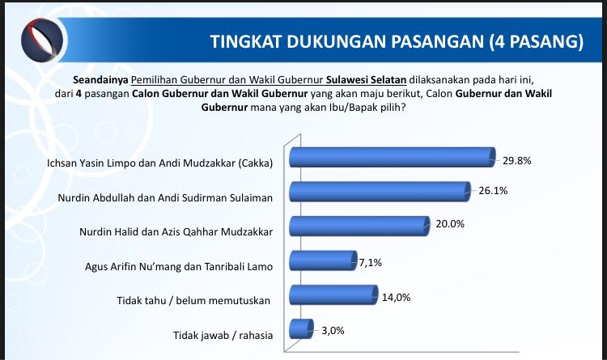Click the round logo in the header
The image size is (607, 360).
(x=42, y=40)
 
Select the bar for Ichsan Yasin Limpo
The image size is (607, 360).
(x=393, y=157)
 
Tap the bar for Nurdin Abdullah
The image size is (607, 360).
(x=380, y=192)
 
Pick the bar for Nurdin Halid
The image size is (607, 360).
(x=359, y=226)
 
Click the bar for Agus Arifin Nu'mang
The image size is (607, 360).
(x=323, y=260)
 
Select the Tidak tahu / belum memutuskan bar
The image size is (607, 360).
(x=333, y=295)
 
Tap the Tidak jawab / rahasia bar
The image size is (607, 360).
(x=301, y=329)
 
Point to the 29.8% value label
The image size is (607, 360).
(x=517, y=161)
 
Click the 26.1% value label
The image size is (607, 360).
(x=493, y=190)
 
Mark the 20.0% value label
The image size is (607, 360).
(x=450, y=224)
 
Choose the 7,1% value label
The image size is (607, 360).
(x=371, y=263)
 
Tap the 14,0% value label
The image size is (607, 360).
(x=396, y=297)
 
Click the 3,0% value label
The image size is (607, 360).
(x=333, y=331)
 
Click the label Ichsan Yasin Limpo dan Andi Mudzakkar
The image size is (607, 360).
(x=160, y=163)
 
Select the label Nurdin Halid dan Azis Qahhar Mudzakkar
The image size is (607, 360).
(x=176, y=232)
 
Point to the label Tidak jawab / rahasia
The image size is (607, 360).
(x=223, y=335)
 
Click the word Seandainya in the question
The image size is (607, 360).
(x=100, y=80)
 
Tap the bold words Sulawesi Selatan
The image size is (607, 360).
(x=366, y=80)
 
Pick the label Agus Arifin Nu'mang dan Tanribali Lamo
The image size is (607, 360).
(x=179, y=266)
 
